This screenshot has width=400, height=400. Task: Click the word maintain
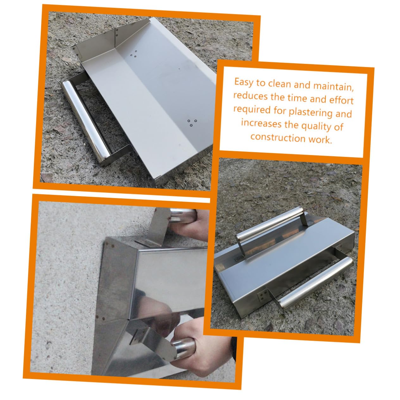coord(334,87)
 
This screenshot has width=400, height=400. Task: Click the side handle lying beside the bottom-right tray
coord(315,282)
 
